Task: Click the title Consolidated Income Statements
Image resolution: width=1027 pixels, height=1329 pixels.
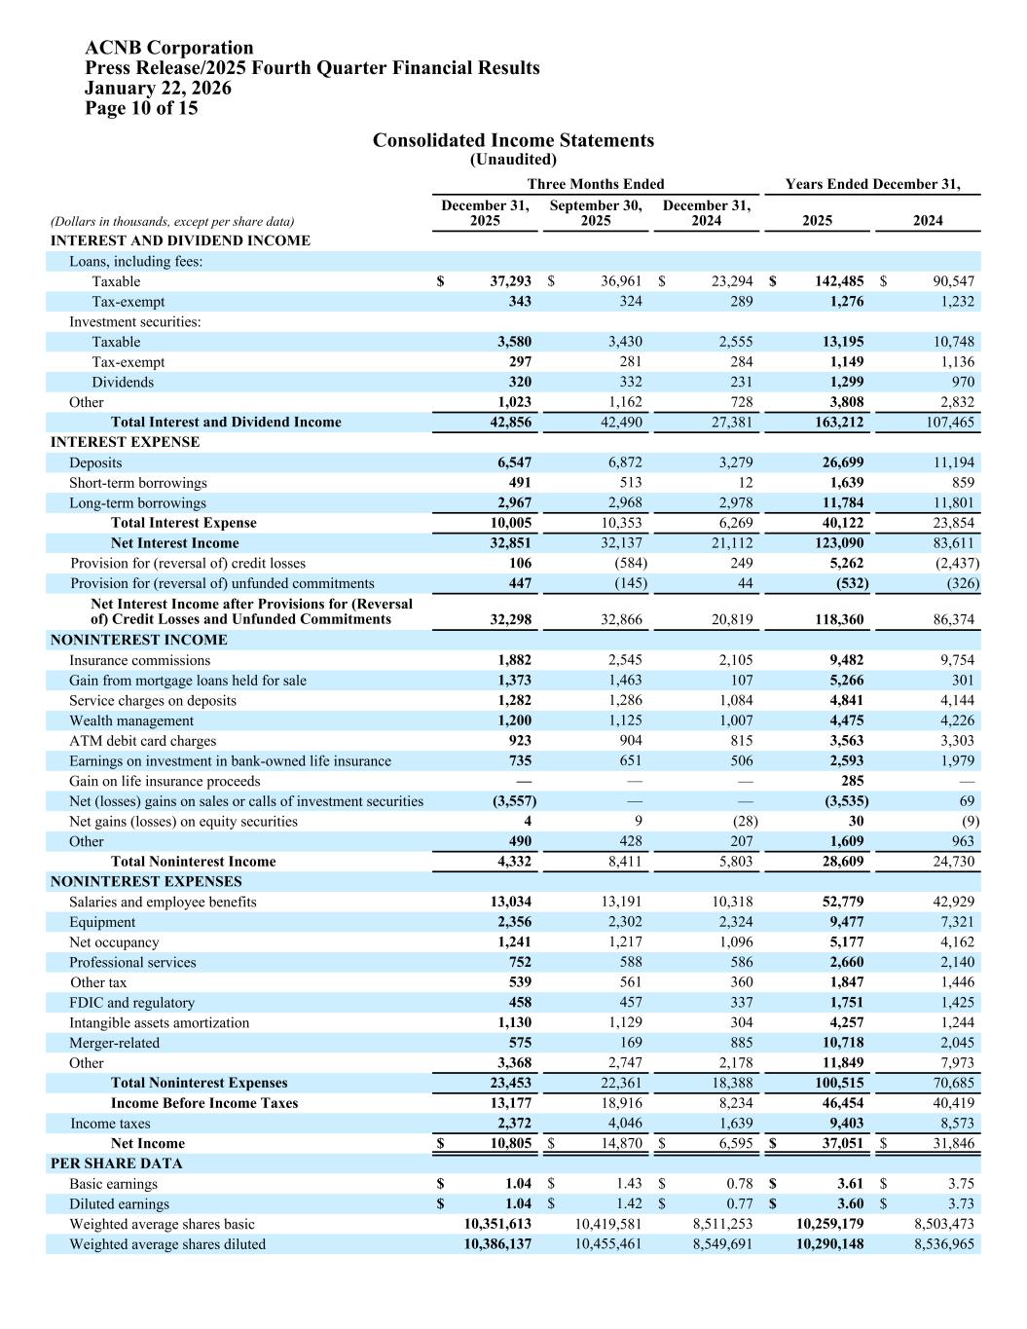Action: click(513, 141)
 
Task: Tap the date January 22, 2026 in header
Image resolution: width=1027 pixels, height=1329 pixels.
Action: click(158, 89)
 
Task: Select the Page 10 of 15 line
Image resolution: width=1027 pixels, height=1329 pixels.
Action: click(141, 108)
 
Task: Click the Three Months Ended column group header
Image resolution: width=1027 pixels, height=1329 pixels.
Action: click(595, 184)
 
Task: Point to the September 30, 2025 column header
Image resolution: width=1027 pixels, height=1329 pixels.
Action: click(595, 213)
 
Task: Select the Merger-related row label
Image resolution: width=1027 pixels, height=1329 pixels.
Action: click(114, 1043)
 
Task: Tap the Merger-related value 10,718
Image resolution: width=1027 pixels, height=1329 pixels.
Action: click(841, 1043)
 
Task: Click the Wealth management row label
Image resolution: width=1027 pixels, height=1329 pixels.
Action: click(131, 721)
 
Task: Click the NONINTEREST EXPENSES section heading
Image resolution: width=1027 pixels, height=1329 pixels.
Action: click(146, 882)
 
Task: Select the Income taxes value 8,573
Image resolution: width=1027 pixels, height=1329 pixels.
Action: click(954, 1124)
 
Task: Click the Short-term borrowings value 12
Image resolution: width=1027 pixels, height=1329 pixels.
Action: click(745, 483)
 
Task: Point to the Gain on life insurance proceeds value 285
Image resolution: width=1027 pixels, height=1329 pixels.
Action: click(852, 782)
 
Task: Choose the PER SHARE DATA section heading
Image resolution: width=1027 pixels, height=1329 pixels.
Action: click(117, 1163)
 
